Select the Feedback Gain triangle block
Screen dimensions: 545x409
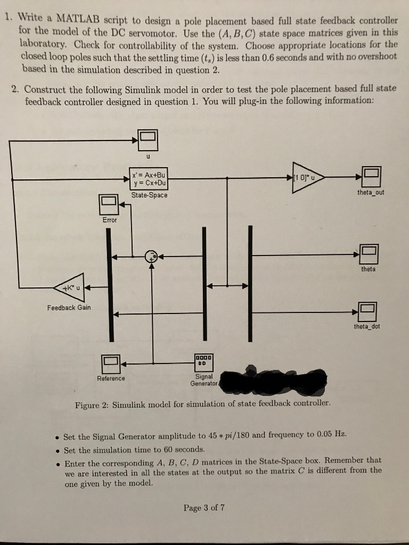tap(70, 288)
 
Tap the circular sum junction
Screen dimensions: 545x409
tap(152, 255)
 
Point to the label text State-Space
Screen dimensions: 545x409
tap(150, 195)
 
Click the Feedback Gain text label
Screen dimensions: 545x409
tap(69, 308)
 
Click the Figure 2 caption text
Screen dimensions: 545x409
tap(203, 403)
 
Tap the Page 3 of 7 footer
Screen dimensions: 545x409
tap(204, 507)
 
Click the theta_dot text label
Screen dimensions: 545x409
tap(367, 326)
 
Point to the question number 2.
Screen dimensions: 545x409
tap(15, 88)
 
